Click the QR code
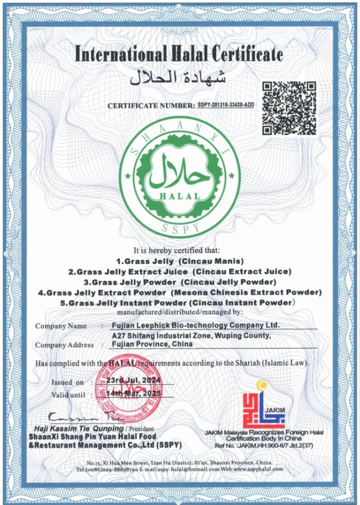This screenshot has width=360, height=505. (289, 108)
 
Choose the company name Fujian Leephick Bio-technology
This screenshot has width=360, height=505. (195, 325)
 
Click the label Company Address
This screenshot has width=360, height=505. (64, 345)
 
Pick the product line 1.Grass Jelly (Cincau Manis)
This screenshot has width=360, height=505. (179, 261)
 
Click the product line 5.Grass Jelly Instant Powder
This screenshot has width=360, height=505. (179, 302)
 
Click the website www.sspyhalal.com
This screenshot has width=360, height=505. (257, 469)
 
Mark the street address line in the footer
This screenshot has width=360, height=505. (179, 461)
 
